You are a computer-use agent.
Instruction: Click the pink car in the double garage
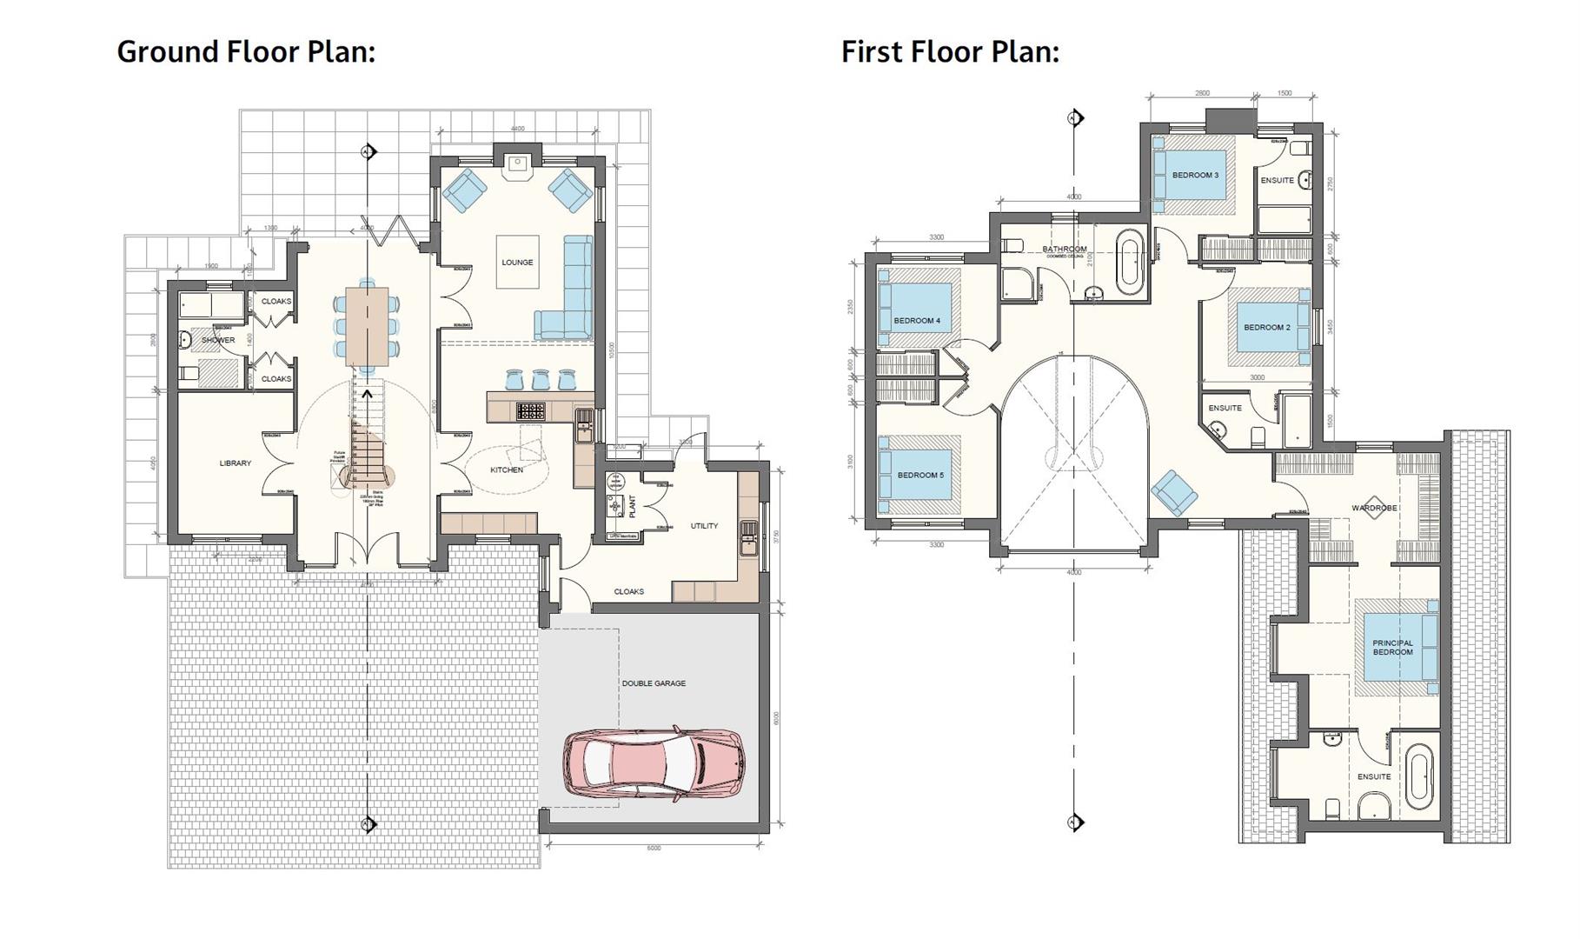pos(654,763)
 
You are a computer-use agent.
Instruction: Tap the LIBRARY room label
pos(235,463)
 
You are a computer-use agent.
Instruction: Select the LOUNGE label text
pos(517,263)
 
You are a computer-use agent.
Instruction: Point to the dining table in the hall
pos(368,326)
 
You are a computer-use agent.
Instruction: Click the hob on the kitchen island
pos(530,410)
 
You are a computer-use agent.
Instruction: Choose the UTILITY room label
pos(704,526)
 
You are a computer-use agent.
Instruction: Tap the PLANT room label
pos(632,505)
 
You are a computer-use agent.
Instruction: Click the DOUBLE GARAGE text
pos(654,683)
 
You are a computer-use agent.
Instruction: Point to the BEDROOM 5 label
pos(919,476)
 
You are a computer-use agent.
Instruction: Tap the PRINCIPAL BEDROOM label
pos(1392,648)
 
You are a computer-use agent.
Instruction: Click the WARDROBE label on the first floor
pos(1374,508)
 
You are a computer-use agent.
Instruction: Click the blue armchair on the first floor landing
pos(1174,493)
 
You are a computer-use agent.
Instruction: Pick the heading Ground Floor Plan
pos(246,51)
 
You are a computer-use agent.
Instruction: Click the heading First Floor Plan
pos(950,51)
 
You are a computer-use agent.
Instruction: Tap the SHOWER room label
pos(218,340)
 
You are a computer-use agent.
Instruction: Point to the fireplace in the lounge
pos(518,163)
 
